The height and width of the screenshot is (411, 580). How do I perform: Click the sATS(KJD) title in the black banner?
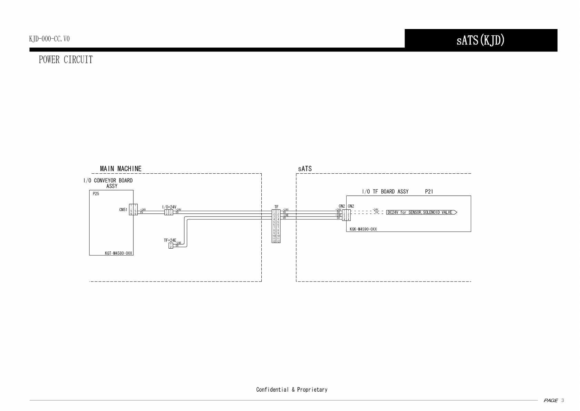(x=480, y=40)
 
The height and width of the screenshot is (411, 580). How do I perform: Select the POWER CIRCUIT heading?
(x=66, y=60)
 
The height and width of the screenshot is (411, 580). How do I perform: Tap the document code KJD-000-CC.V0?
(x=49, y=39)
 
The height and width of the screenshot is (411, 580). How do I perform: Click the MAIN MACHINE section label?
(x=121, y=169)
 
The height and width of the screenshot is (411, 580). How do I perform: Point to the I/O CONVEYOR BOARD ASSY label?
(x=108, y=183)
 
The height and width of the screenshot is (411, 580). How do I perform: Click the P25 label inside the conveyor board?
(x=96, y=194)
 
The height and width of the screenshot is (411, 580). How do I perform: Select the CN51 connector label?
(x=123, y=210)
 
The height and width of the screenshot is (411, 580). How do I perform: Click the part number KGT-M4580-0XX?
(x=119, y=253)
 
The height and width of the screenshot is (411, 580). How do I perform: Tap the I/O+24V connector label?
(x=169, y=207)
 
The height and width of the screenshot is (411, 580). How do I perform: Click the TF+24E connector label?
(x=170, y=240)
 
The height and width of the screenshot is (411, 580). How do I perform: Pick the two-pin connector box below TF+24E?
(x=171, y=246)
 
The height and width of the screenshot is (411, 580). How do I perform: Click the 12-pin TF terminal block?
(x=276, y=226)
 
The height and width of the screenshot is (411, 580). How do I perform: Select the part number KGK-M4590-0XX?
(x=363, y=229)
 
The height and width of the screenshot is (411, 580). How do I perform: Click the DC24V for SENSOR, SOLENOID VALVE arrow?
(x=421, y=212)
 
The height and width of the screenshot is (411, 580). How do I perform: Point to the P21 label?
(x=429, y=191)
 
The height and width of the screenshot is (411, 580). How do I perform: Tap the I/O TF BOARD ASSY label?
(x=385, y=191)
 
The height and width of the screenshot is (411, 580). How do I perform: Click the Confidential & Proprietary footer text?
(x=292, y=390)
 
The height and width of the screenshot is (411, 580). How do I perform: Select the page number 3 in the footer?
(x=562, y=401)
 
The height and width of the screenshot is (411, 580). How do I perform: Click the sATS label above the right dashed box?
(x=305, y=169)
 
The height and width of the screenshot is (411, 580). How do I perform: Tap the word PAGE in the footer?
(x=550, y=401)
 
